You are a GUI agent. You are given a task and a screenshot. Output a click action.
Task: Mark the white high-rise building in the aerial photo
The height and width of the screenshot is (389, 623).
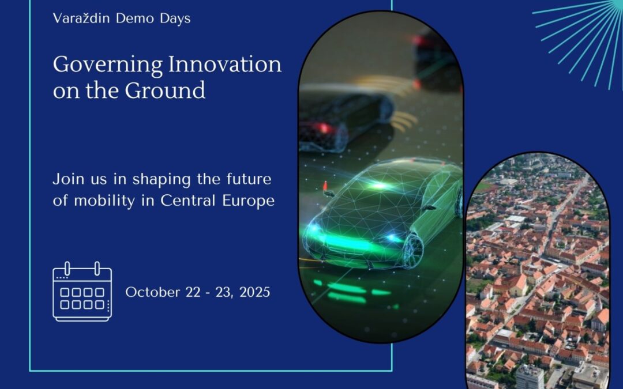[530, 375]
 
